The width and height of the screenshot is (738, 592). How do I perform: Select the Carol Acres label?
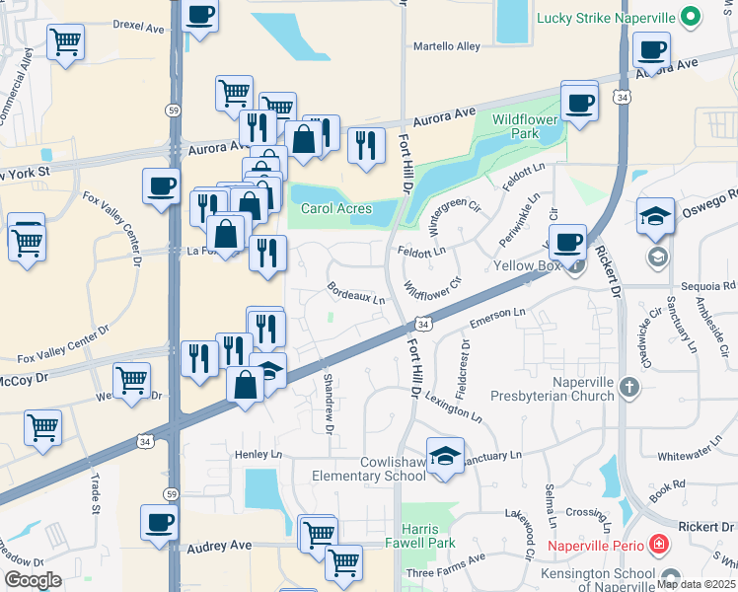click(x=335, y=208)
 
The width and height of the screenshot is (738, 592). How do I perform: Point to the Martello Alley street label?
click(x=446, y=46)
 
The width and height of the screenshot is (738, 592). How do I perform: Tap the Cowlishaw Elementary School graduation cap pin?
click(x=445, y=455)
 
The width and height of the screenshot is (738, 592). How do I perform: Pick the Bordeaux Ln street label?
click(x=356, y=293)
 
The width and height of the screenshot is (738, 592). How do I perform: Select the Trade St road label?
click(x=96, y=494)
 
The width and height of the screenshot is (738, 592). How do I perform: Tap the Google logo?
click(x=33, y=580)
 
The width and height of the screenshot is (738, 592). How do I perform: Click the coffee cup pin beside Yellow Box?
click(x=566, y=242)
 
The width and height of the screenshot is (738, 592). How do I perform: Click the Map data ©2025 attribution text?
click(x=698, y=584)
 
